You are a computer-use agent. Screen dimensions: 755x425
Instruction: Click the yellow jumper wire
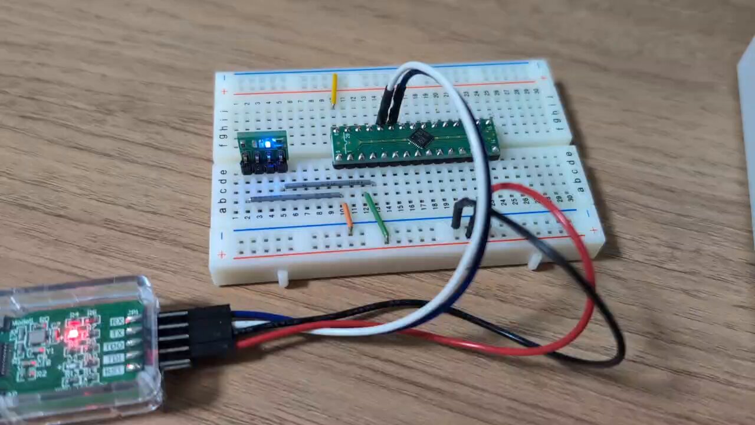pyautogui.click(x=334, y=89)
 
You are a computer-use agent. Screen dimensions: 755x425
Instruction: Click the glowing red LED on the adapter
pyautogui.click(x=73, y=335)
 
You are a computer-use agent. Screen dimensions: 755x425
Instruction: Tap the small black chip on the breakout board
pyautogui.click(x=420, y=138)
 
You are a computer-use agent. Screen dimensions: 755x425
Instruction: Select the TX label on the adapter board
pyautogui.click(x=116, y=333)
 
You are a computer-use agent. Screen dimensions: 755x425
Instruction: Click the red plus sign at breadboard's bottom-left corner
pyautogui.click(x=222, y=255)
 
